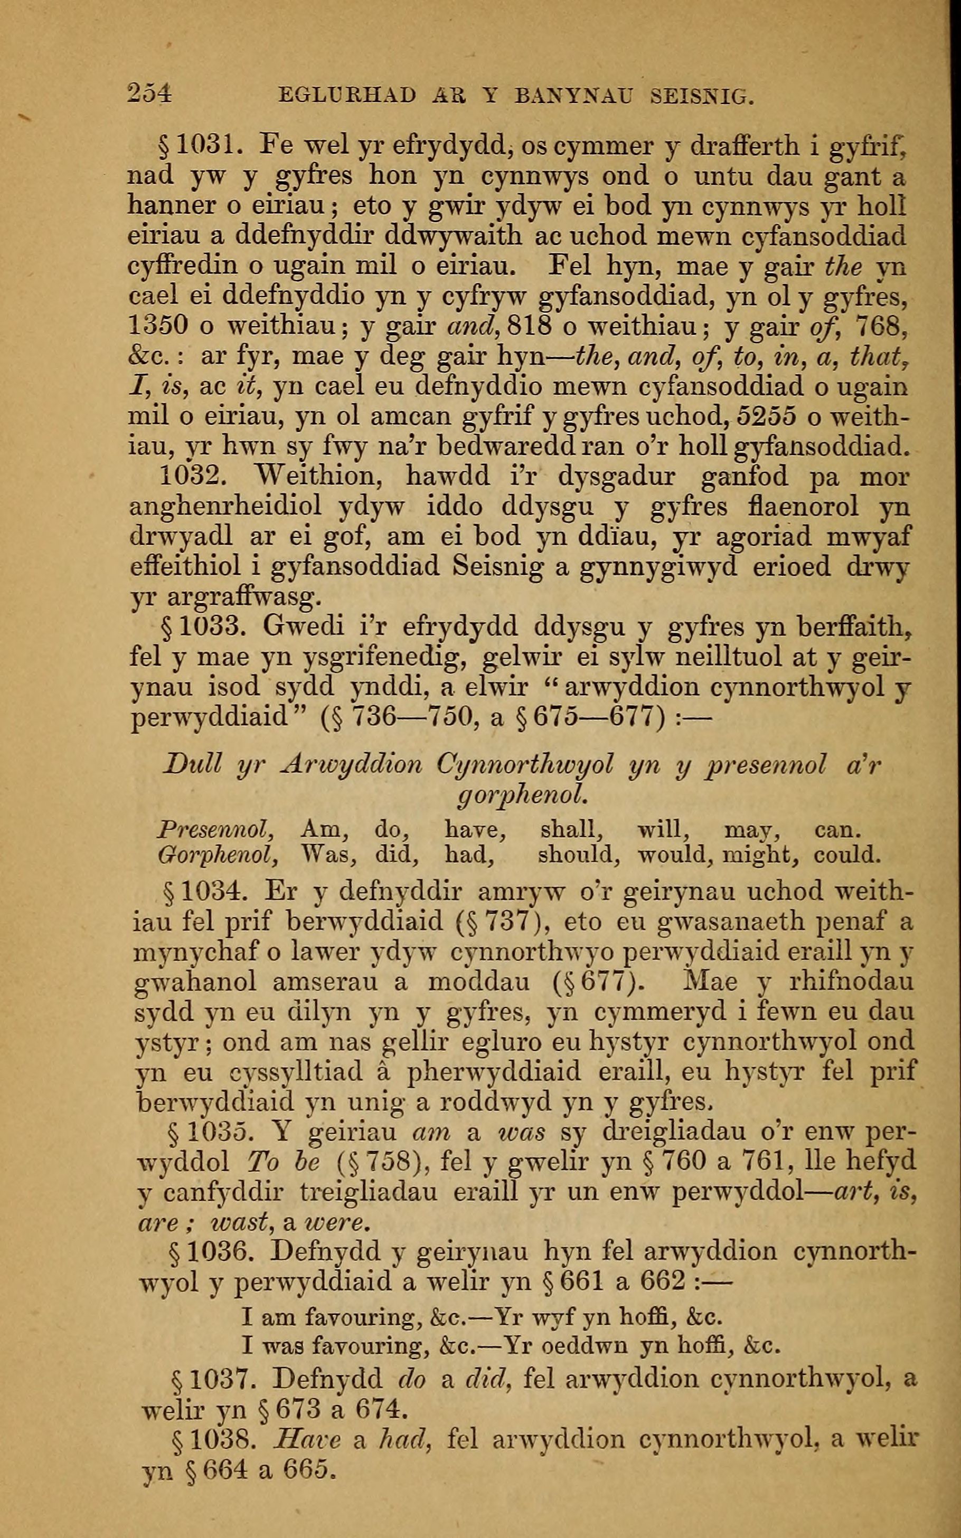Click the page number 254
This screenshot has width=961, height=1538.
click(149, 94)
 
